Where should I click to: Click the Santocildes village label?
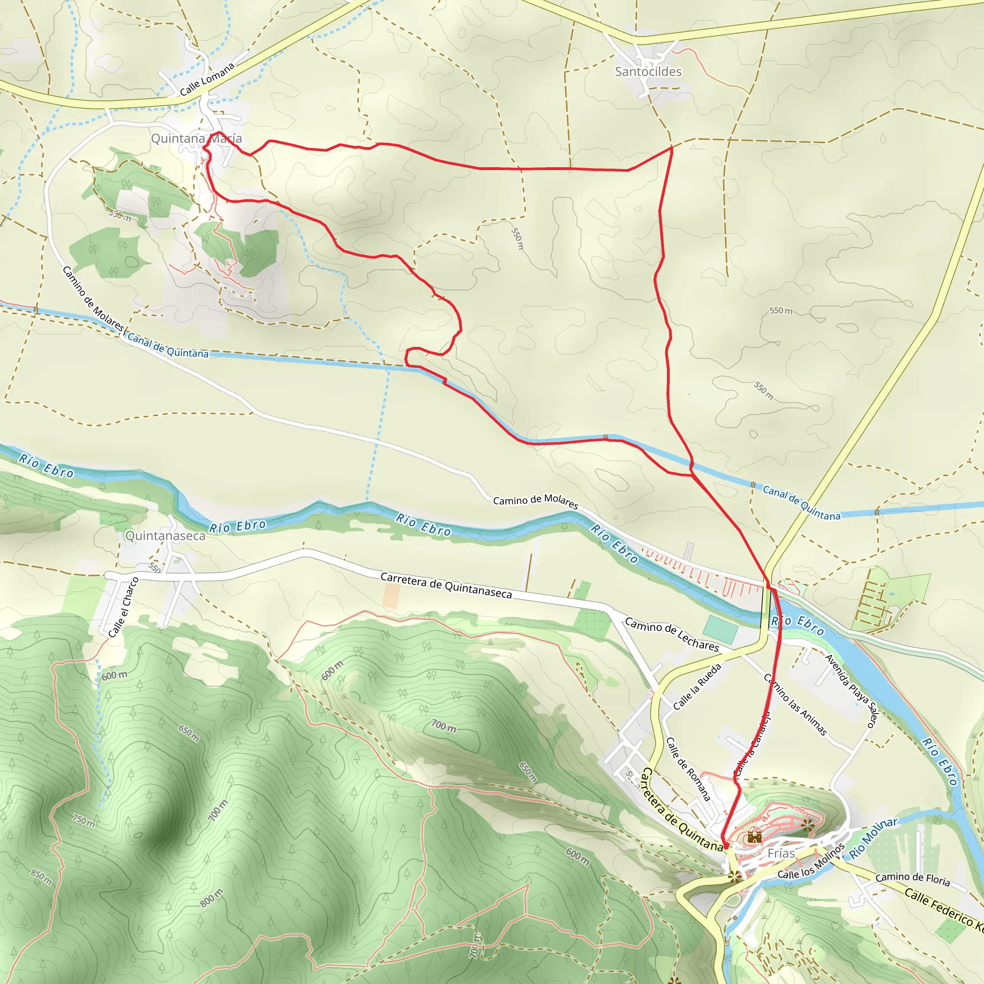[648, 72]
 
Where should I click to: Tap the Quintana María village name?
[197, 138]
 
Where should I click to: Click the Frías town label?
[781, 853]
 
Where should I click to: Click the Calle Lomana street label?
[207, 79]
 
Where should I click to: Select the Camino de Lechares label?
[672, 635]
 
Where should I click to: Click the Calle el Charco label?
[124, 607]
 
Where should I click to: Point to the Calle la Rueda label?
[697, 687]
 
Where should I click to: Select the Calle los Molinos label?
[811, 862]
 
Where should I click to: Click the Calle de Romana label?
[688, 769]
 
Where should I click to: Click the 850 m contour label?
[42, 877]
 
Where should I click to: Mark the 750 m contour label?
[84, 821]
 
